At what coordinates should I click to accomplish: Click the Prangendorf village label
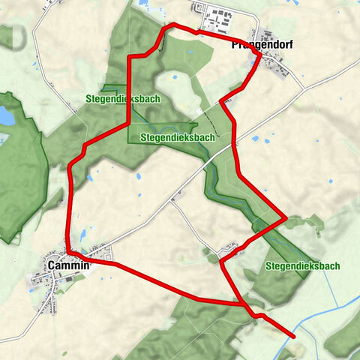pos(262,44)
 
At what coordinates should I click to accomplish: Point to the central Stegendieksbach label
pos(177,138)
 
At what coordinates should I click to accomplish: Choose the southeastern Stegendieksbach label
pos(302,266)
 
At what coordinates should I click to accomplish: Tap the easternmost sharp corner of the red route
pos(286,219)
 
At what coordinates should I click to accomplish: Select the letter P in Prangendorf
pos(235,44)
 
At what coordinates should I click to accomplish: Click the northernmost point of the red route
pos(172,25)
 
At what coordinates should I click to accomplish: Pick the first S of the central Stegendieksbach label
pos(142,138)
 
